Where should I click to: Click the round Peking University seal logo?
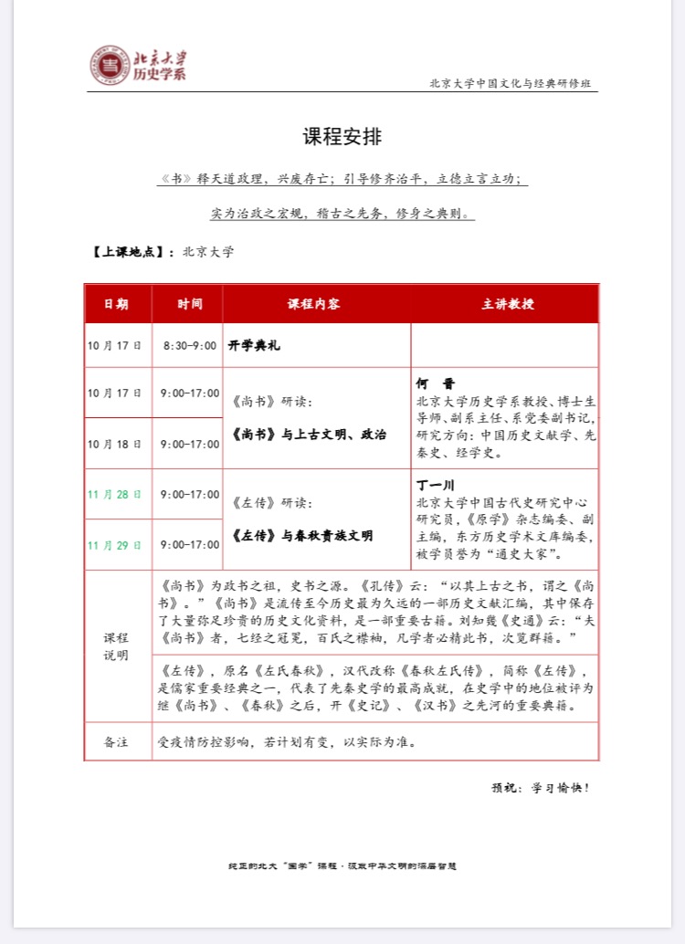110,65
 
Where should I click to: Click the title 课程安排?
342,137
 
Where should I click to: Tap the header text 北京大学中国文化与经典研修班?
513,84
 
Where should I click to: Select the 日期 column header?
116,304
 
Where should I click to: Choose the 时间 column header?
190,304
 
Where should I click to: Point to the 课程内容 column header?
314,304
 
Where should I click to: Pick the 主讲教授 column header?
508,304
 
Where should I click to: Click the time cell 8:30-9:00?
190,346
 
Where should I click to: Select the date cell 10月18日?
115,444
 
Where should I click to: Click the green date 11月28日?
115,494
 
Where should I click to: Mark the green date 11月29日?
115,545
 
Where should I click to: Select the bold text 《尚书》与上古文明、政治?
310,435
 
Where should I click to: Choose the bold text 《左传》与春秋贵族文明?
303,536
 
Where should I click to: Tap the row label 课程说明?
116,646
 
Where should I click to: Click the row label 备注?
116,741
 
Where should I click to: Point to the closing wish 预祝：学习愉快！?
541,787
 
